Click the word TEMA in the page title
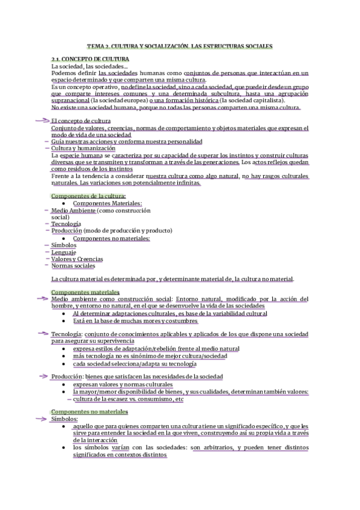pos(96,45)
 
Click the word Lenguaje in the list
pos(65,252)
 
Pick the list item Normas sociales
pos(73,266)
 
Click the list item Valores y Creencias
pos(77,259)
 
